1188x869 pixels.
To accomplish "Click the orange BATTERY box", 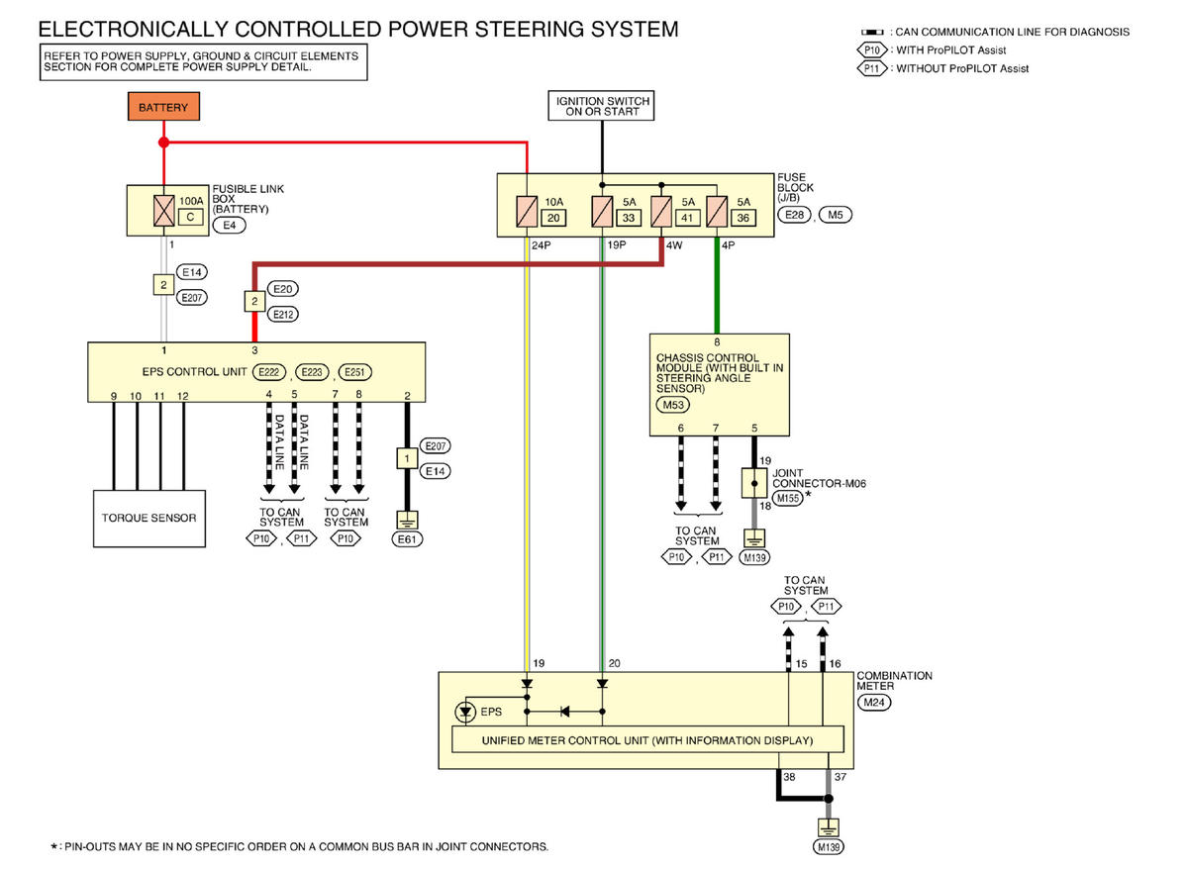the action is coord(164,107).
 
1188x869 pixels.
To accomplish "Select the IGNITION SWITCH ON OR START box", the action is coord(602,106).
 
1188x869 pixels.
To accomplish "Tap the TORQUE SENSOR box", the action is coord(149,519).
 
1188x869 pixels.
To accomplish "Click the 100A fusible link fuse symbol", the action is coord(164,211).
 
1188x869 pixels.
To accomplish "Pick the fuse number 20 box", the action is coord(553,218).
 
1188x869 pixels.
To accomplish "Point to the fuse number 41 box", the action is coord(687,218).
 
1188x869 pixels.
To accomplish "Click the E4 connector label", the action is coord(229,226).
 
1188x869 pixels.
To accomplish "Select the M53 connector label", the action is coord(673,406).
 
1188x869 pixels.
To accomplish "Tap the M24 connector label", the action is coord(874,703).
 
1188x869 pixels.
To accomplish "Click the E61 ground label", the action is coord(407,539).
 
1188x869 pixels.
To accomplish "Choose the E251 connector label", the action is coord(354,373).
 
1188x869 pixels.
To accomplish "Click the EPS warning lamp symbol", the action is coord(465,712).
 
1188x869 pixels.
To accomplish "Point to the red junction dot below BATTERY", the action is coord(164,143).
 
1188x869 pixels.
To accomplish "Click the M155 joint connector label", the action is coord(788,499).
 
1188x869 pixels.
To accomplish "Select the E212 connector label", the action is coord(283,315).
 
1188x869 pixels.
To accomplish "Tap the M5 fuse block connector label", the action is coord(836,215).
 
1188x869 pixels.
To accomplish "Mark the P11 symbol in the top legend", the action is coord(871,69).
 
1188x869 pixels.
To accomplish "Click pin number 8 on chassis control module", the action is coord(717,342).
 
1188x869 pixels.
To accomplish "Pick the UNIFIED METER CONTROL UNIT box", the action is coord(647,740).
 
